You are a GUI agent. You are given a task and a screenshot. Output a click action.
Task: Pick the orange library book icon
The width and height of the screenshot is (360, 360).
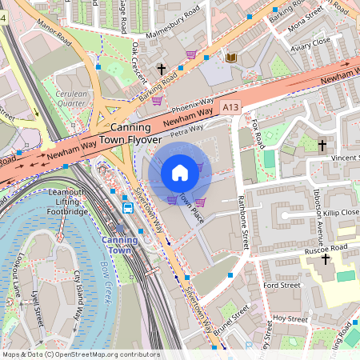click(231, 58)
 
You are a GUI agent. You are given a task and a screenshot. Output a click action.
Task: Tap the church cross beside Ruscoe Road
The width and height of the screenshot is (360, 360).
click(325, 259)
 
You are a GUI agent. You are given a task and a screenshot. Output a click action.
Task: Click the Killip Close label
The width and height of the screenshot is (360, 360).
click(341, 213)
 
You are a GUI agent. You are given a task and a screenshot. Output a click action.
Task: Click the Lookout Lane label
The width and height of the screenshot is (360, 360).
click(19, 273)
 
